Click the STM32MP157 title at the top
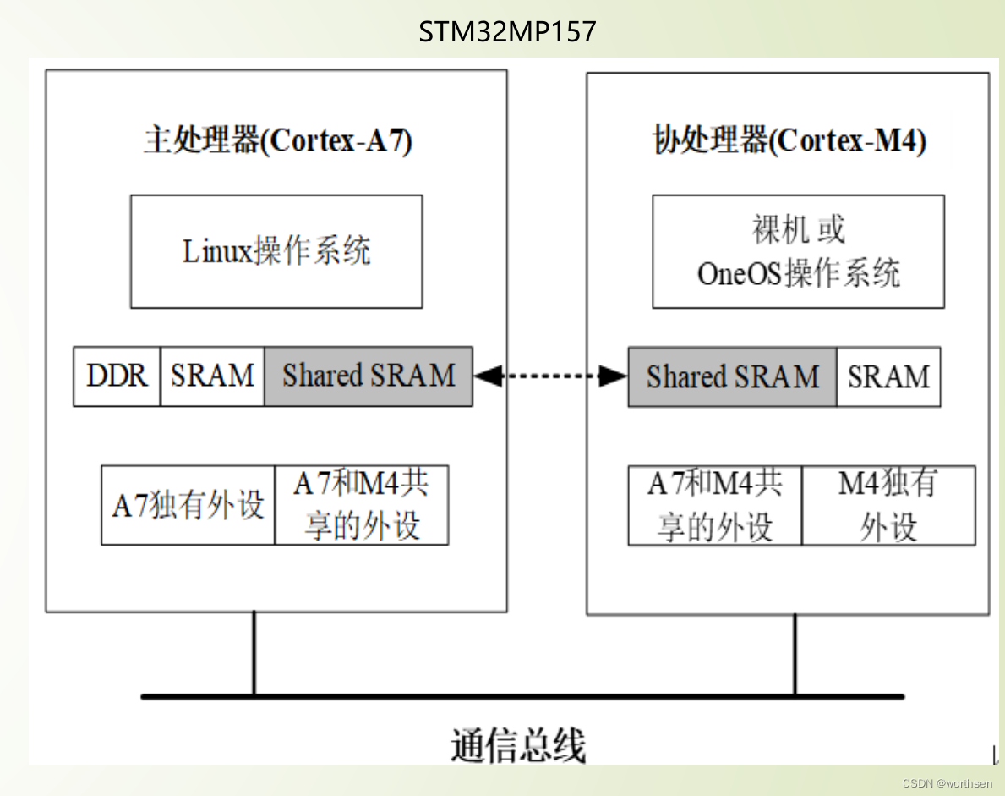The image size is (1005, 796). point(507,32)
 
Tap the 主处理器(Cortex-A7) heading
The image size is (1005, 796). point(277,140)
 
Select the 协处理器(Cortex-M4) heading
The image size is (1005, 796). point(789,140)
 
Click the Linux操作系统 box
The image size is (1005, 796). point(276,251)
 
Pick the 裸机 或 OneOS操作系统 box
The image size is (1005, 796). point(798,251)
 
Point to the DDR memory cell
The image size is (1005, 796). point(117,376)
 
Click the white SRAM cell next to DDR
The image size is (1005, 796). point(212,376)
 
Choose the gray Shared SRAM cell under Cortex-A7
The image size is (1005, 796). point(369,376)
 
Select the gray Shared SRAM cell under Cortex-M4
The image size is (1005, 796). point(732,376)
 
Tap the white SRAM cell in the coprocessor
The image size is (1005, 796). point(888,376)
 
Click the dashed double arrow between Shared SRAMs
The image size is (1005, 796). point(550,376)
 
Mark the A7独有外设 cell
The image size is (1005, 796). point(188,505)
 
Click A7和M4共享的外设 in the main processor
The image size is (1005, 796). point(362,505)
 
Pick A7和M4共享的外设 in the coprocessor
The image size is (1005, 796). point(715,506)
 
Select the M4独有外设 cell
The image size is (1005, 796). point(888,506)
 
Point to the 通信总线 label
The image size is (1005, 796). point(517,745)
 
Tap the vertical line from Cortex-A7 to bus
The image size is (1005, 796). point(254,653)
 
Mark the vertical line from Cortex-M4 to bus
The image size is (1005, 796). point(795,654)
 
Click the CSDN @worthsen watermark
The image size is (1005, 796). point(947,783)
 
